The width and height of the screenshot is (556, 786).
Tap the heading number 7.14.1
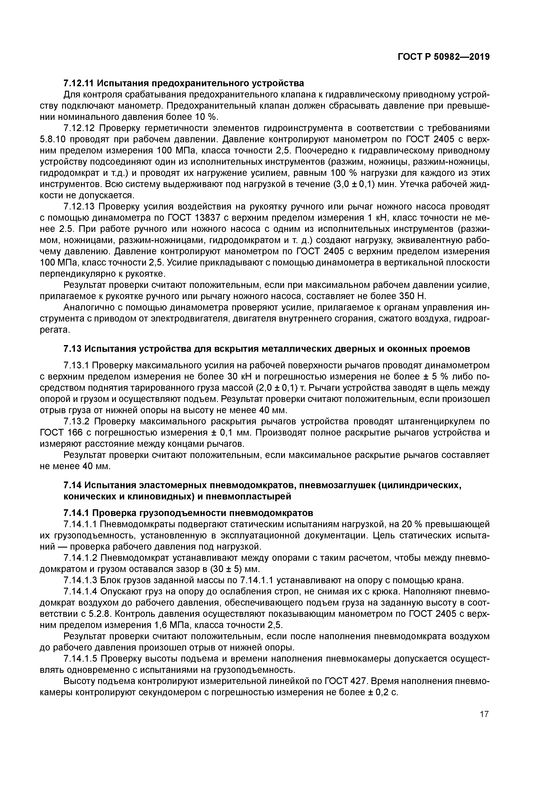[76, 513]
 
